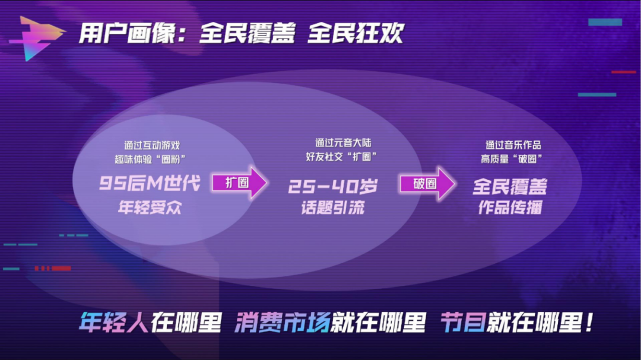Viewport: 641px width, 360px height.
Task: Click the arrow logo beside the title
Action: (37, 38)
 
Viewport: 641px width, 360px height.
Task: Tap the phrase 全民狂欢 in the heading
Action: (356, 33)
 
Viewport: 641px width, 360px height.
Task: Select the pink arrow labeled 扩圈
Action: (240, 183)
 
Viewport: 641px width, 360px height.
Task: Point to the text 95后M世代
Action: (150, 183)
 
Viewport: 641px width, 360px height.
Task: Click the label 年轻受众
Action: (150, 208)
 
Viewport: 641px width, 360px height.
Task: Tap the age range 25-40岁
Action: (333, 187)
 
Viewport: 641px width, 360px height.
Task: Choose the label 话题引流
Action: (333, 208)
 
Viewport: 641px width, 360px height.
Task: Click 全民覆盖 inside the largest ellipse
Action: (510, 187)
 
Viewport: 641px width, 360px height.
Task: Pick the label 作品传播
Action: (510, 208)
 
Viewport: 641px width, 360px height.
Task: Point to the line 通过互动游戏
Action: (152, 145)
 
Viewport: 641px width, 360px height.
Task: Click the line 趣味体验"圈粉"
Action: (150, 159)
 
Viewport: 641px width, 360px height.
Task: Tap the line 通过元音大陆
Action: (343, 142)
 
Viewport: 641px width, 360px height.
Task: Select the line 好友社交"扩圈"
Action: (341, 157)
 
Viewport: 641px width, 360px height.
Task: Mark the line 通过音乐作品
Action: (513, 145)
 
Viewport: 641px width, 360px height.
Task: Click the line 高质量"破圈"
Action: (512, 158)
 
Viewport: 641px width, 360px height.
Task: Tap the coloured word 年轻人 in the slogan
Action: (113, 323)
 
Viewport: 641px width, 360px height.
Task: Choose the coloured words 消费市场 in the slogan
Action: (283, 323)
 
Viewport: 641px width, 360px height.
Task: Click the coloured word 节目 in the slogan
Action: (463, 323)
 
